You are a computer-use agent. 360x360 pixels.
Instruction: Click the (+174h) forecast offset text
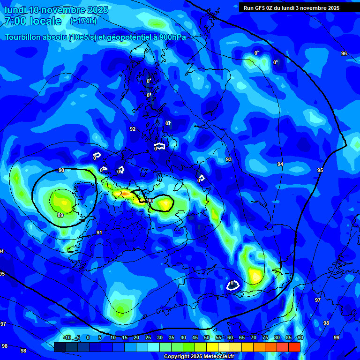pos(83,21)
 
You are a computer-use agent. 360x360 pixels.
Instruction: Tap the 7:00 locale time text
pos(33,21)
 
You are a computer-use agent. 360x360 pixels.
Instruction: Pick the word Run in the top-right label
pos(248,8)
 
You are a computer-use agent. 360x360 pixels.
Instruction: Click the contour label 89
pos(60,215)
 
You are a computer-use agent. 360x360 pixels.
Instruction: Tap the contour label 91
pos(99,232)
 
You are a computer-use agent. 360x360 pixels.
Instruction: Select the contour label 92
pos(133,129)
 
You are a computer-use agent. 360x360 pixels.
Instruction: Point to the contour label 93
pos(229,160)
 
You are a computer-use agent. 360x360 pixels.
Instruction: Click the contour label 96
pos(344,54)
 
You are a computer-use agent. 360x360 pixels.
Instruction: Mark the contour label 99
pos(337,338)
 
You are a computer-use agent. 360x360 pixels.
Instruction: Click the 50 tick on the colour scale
pos(207,338)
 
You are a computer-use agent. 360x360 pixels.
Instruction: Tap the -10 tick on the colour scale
pos(67,338)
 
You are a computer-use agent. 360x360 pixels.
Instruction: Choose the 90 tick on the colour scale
pos(300,338)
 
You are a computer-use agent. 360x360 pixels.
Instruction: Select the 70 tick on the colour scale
pos(254,338)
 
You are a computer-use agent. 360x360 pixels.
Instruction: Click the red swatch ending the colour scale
pos(294,347)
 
